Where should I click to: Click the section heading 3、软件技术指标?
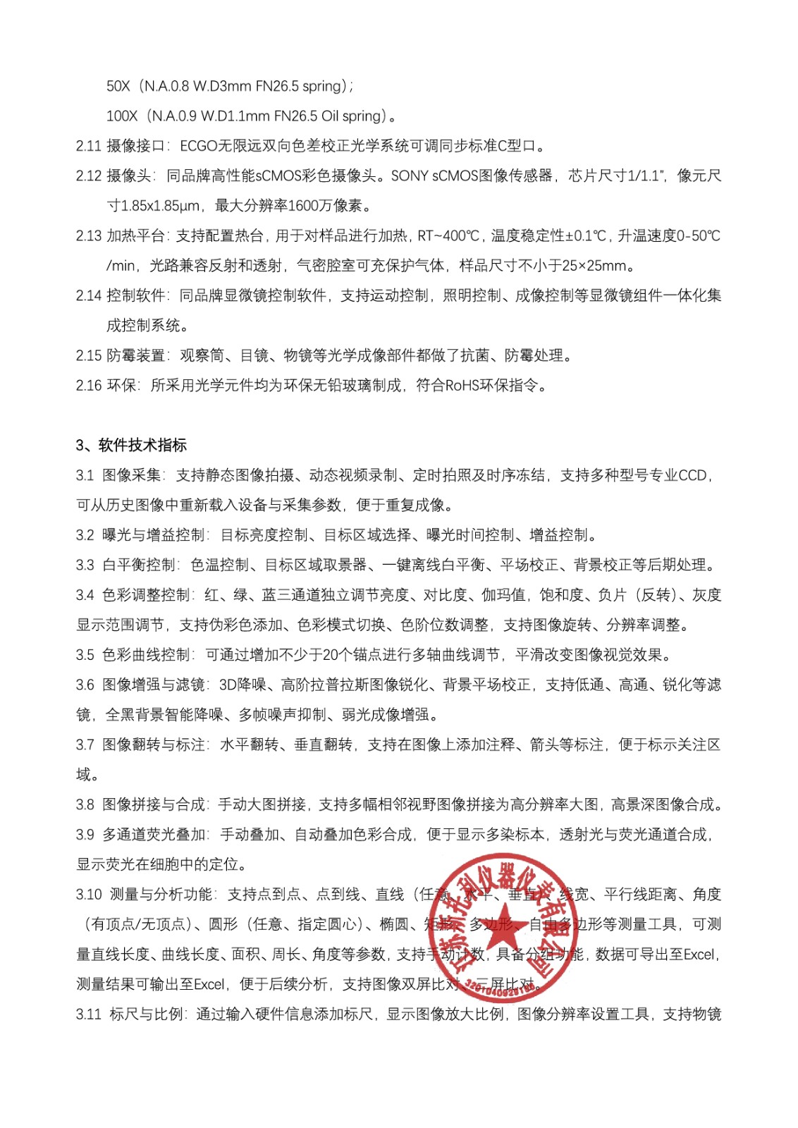[131, 445]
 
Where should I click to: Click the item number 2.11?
[89, 146]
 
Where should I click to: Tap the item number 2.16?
[89, 385]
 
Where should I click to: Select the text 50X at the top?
[118, 86]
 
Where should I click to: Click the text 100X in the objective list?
[122, 116]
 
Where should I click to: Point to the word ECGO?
[199, 146]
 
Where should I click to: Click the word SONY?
[410, 176]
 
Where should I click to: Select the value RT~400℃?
[448, 235]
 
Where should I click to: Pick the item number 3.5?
[85, 655]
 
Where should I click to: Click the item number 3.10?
[89, 895]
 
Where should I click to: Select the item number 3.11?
[89, 1014]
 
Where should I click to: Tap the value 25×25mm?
[594, 266]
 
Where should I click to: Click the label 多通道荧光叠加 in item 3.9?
[154, 835]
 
